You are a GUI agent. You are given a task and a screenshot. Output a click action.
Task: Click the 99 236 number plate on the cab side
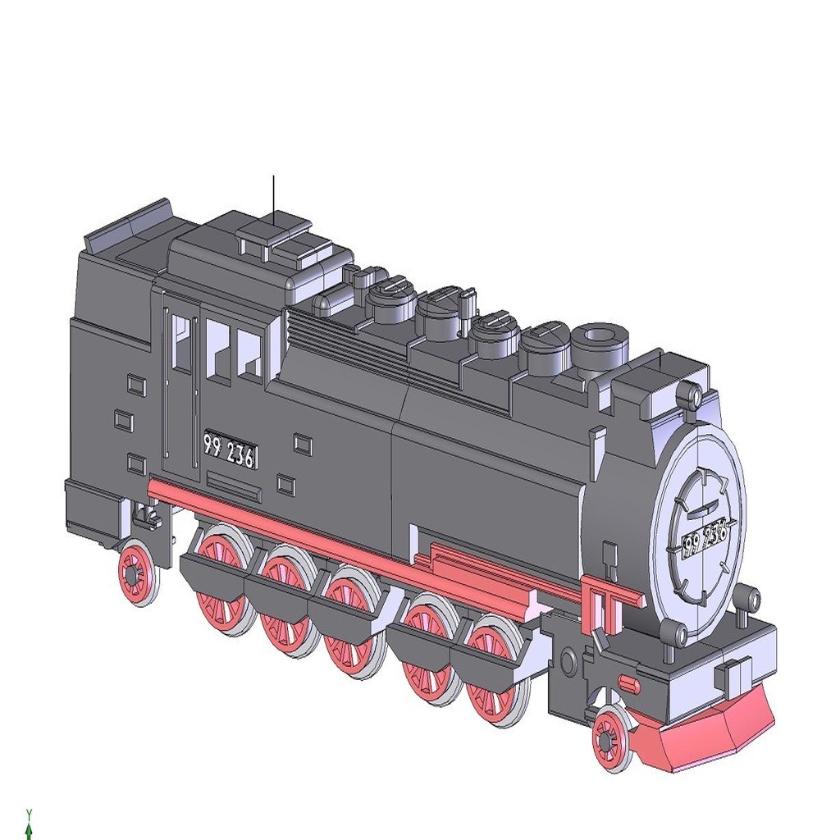coord(230,451)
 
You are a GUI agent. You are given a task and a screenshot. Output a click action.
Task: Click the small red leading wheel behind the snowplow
coord(611,739)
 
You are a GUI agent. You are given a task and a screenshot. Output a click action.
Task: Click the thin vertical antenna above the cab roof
coord(273,197)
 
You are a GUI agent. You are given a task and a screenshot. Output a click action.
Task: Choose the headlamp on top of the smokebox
coord(691,396)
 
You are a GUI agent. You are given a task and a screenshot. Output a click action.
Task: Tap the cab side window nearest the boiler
coord(249,354)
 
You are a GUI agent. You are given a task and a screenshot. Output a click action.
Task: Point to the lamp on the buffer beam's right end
coord(745,596)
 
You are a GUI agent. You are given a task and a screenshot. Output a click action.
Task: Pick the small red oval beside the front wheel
coord(628,682)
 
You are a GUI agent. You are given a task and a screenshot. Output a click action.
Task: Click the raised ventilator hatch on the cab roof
coord(272,233)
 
